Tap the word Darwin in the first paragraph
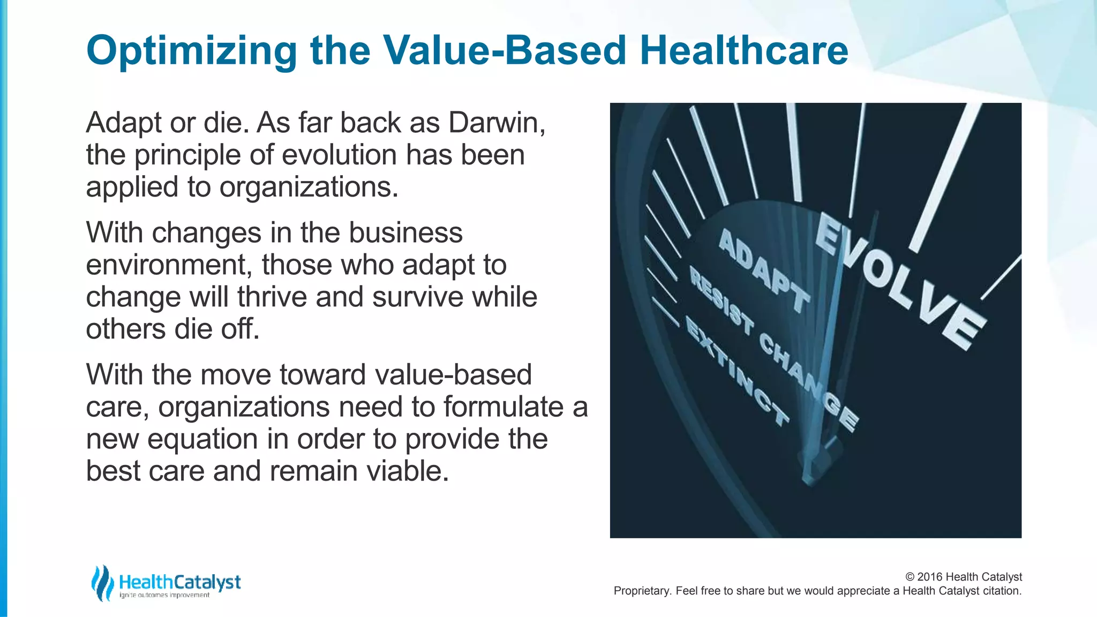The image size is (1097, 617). pyautogui.click(x=496, y=123)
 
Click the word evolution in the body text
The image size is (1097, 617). pyautogui.click(x=339, y=155)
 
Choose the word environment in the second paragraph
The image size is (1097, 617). pyautogui.click(x=169, y=265)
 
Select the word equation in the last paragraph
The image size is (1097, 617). pyautogui.click(x=202, y=439)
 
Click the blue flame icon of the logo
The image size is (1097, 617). pyautogui.click(x=102, y=583)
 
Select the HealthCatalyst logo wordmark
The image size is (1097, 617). pyautogui.click(x=179, y=582)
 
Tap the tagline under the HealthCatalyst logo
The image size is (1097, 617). pyautogui.click(x=164, y=595)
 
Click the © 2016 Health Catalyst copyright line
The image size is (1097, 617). pyautogui.click(x=963, y=577)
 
